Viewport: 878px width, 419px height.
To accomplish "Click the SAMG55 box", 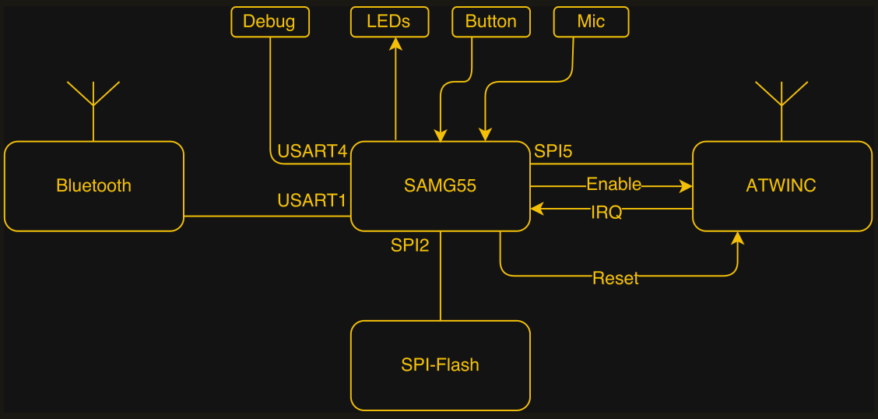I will [440, 186].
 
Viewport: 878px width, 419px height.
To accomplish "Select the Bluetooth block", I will [93, 186].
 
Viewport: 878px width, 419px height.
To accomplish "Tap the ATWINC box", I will [781, 186].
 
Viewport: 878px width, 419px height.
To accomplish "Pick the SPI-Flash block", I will [440, 365].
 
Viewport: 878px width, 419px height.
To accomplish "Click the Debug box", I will [269, 22].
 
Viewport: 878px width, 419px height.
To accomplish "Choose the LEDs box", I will [389, 22].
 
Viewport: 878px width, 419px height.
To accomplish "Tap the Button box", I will [490, 22].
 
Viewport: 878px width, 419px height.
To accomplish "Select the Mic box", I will [591, 22].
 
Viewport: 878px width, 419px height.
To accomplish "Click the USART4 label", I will [312, 151].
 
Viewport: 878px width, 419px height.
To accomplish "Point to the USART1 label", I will [312, 201].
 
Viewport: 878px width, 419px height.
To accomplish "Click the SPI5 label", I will [553, 151].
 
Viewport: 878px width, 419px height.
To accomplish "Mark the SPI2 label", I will [410, 245].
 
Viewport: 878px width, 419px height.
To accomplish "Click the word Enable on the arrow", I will [613, 185].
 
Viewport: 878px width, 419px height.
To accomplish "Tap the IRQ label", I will [606, 212].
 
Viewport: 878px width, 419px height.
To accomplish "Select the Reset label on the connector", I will [615, 278].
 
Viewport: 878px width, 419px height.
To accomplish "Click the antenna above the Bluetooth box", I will [93, 97].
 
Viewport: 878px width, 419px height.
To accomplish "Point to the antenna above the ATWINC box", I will [781, 97].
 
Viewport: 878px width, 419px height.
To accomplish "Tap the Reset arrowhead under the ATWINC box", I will [736, 238].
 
